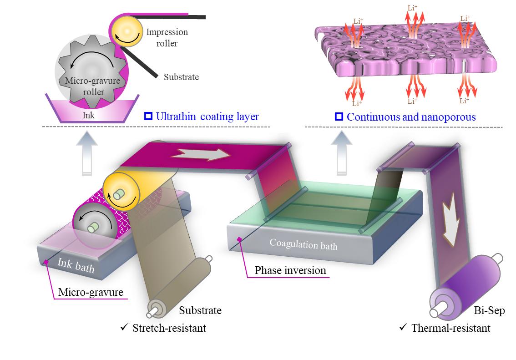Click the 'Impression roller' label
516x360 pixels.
[x=167, y=38]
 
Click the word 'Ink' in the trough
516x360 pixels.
[x=89, y=116]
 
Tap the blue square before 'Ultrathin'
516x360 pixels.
[x=147, y=117]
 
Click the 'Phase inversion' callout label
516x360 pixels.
[x=290, y=271]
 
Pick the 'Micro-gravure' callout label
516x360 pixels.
[x=91, y=292]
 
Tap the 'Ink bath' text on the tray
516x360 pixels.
[x=76, y=265]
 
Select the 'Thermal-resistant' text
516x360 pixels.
[x=451, y=328]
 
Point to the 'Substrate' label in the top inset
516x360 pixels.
[x=181, y=77]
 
